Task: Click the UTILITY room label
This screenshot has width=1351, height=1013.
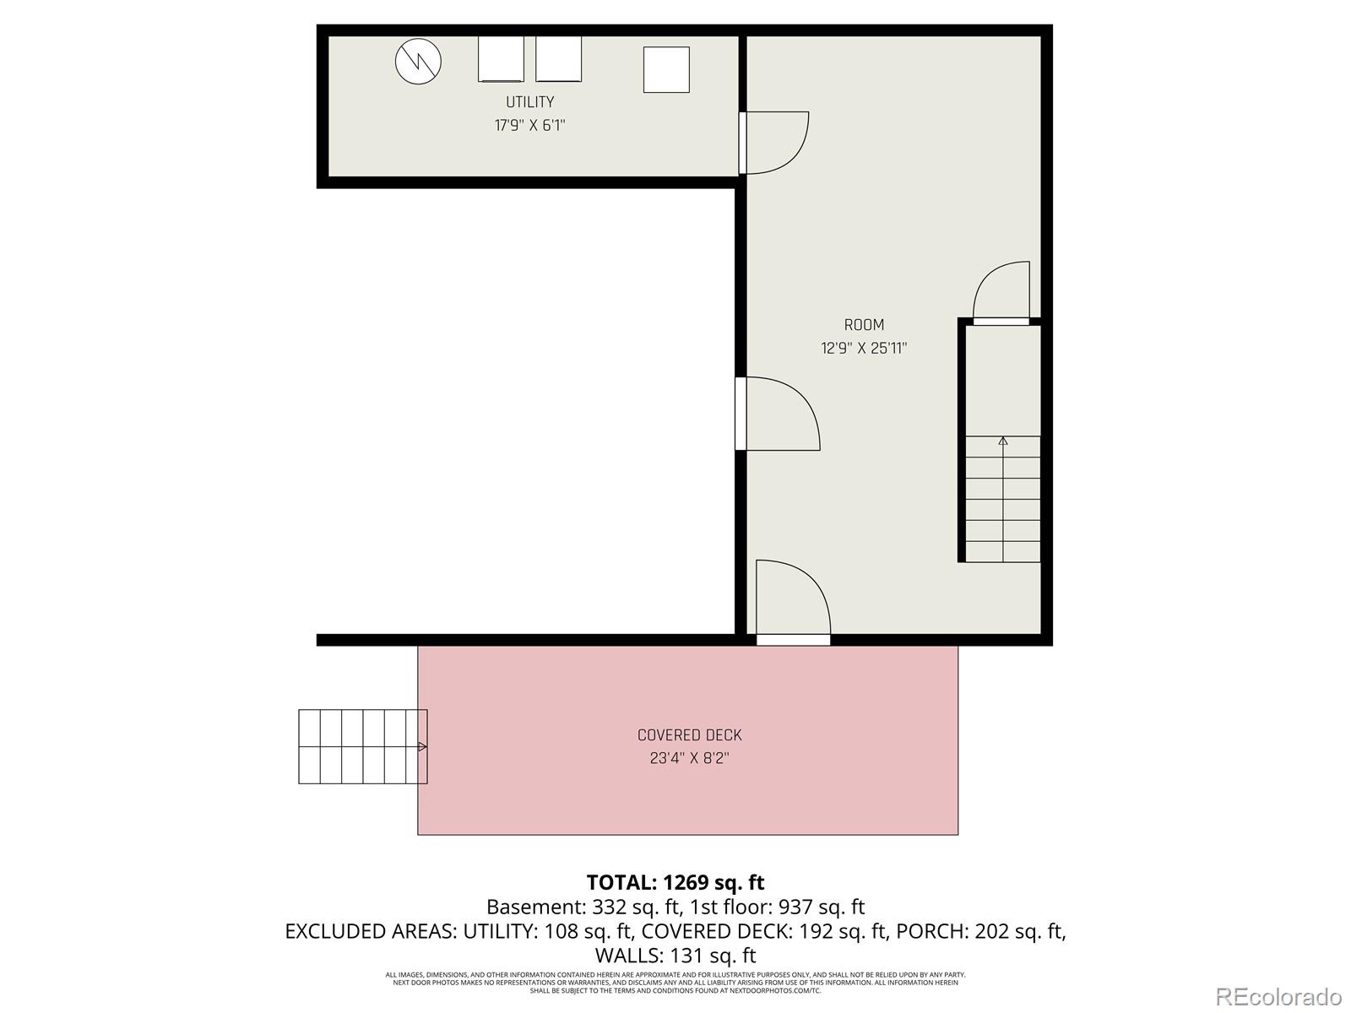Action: coord(529,102)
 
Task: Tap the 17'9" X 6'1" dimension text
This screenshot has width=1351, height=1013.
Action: coord(529,126)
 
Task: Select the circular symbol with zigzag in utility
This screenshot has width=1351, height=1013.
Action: coord(419,62)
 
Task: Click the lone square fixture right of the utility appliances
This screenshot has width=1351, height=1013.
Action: coord(666,69)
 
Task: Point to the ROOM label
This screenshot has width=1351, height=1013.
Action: coord(864,325)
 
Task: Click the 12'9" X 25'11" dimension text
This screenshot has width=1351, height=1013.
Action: coord(864,348)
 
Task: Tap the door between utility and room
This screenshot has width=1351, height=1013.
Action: coord(773,144)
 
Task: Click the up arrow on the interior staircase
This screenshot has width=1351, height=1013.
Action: coord(1003,441)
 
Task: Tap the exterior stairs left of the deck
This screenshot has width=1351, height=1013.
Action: coord(362,746)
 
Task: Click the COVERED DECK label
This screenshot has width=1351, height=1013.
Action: coord(689,735)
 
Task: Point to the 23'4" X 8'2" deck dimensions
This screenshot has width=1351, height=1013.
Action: coord(689,758)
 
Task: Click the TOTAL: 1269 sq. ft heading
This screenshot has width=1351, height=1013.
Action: coord(675,882)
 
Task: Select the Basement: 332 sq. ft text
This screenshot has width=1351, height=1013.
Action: coord(583,907)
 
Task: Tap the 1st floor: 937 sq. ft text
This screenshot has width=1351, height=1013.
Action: coord(777,907)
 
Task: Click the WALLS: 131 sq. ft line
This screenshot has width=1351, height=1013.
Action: coord(675,956)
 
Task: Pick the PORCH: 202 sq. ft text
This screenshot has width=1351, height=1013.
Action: coord(979,931)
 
